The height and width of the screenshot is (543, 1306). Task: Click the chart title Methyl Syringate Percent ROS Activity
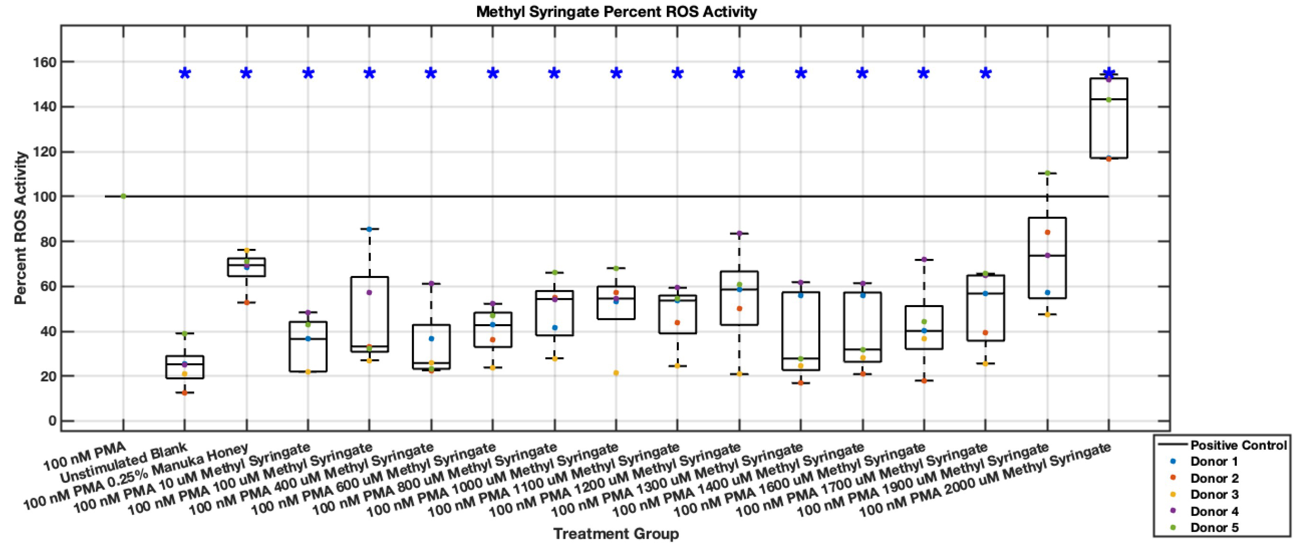click(616, 11)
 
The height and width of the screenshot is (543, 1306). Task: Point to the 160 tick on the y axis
click(45, 62)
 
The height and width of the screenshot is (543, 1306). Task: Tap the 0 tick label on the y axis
click(52, 421)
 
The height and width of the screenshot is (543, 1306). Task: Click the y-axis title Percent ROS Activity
click(20, 228)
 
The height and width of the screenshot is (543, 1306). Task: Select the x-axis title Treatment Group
click(615, 533)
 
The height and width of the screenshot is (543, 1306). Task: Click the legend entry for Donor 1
click(1214, 462)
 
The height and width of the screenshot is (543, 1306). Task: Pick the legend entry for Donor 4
click(1214, 511)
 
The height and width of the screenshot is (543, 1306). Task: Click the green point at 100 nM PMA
click(123, 196)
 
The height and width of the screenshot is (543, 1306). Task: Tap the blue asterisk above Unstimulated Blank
click(185, 74)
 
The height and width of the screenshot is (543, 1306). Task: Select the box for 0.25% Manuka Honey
click(246, 267)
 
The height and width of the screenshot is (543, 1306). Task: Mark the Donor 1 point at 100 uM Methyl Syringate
click(369, 229)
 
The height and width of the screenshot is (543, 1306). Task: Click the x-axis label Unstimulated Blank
click(123, 462)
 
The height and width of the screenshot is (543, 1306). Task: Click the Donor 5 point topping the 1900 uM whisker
click(1048, 174)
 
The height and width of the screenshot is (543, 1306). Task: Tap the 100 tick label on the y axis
click(45, 197)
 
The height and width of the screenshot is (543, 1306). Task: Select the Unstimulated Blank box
click(185, 367)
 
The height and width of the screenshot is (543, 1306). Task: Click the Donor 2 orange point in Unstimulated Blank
click(185, 393)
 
